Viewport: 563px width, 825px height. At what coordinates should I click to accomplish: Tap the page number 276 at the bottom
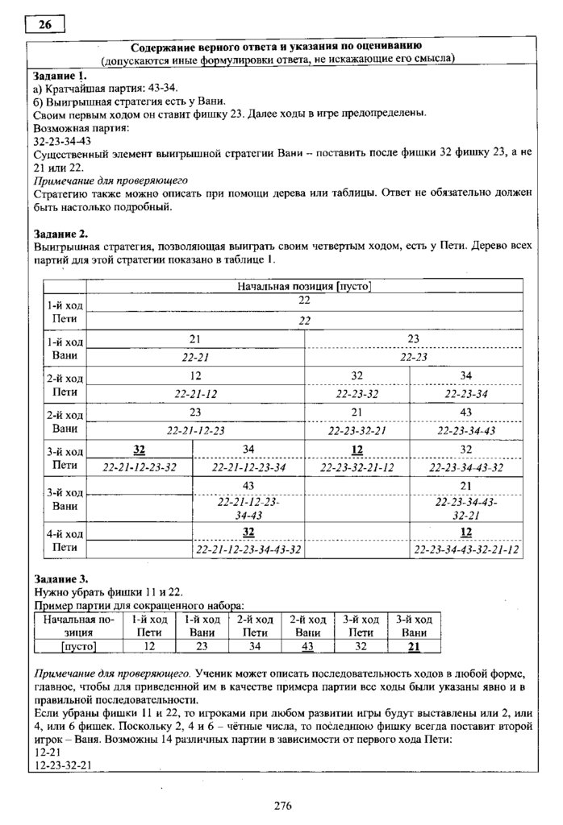[282, 805]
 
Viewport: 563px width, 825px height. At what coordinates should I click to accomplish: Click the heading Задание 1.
[59, 75]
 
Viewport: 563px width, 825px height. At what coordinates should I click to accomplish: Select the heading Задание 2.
[59, 234]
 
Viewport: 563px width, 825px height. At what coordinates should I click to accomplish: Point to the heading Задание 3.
[59, 578]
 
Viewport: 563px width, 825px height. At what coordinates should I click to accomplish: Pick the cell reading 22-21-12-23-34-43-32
[248, 549]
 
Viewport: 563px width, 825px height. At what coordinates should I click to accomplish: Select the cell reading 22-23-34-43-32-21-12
[466, 549]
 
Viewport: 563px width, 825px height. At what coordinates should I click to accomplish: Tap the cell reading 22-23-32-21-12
[357, 466]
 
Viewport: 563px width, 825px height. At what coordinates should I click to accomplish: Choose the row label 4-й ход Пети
[65, 541]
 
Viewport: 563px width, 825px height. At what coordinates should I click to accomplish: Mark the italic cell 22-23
[413, 356]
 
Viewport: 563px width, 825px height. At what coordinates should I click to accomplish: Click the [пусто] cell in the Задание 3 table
[78, 645]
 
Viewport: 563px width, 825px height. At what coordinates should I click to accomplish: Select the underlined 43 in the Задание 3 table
[307, 645]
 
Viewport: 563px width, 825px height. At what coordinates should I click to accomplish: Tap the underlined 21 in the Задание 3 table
[414, 645]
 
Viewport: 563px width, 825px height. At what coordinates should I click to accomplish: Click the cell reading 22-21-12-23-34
[248, 466]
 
